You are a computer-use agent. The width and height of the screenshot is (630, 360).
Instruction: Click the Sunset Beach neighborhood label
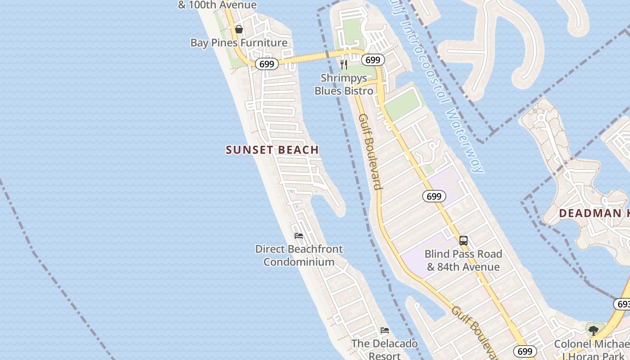272,150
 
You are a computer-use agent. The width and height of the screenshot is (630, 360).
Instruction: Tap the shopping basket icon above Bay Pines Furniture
239,29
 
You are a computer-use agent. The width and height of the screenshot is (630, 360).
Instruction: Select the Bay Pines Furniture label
239,43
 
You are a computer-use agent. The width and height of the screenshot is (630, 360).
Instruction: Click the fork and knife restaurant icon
344,65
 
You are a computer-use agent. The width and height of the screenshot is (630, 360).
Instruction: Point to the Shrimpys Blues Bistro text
344,84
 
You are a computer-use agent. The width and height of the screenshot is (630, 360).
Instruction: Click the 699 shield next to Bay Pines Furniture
266,64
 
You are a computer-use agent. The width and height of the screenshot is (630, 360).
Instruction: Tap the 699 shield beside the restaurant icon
373,60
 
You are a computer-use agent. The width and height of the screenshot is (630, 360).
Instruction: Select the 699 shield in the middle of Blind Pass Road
434,196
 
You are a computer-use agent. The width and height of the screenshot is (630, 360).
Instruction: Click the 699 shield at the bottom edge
525,351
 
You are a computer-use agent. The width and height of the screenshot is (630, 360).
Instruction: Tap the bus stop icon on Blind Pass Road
463,241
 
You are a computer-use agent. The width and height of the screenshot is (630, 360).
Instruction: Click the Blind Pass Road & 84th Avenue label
463,261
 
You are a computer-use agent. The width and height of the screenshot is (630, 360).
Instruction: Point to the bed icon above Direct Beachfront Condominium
298,236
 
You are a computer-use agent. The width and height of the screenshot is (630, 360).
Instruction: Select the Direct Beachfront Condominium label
299,255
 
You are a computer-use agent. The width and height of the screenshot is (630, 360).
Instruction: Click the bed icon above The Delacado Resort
384,330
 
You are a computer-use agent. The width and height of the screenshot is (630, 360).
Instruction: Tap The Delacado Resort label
384,350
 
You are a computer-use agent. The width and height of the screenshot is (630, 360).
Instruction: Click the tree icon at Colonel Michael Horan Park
594,331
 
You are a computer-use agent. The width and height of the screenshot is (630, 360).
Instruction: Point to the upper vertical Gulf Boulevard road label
370,151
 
